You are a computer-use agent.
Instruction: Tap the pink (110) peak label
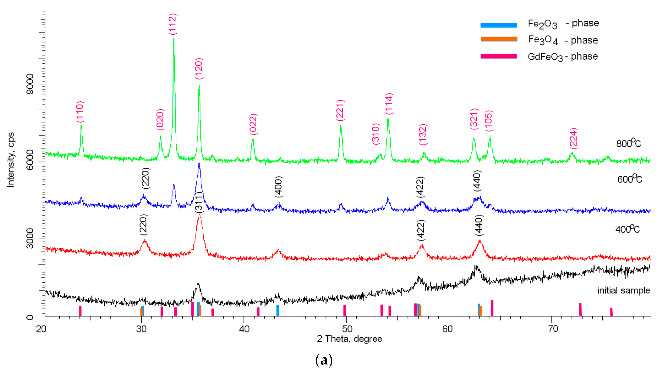tap(80, 112)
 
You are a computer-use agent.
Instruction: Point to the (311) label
tap(199, 203)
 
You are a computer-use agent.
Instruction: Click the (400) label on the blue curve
tap(279, 187)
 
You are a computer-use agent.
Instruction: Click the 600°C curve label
tap(629, 179)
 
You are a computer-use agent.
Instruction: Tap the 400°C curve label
tap(627, 229)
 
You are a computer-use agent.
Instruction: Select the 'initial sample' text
tap(623, 290)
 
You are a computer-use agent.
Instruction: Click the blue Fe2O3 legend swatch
tap(498, 25)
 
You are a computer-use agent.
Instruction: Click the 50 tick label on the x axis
tap(347, 329)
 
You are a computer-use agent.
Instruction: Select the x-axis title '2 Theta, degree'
tap(349, 338)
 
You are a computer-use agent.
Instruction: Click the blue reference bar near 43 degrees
tap(278, 310)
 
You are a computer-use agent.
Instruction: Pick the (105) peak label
tap(489, 121)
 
